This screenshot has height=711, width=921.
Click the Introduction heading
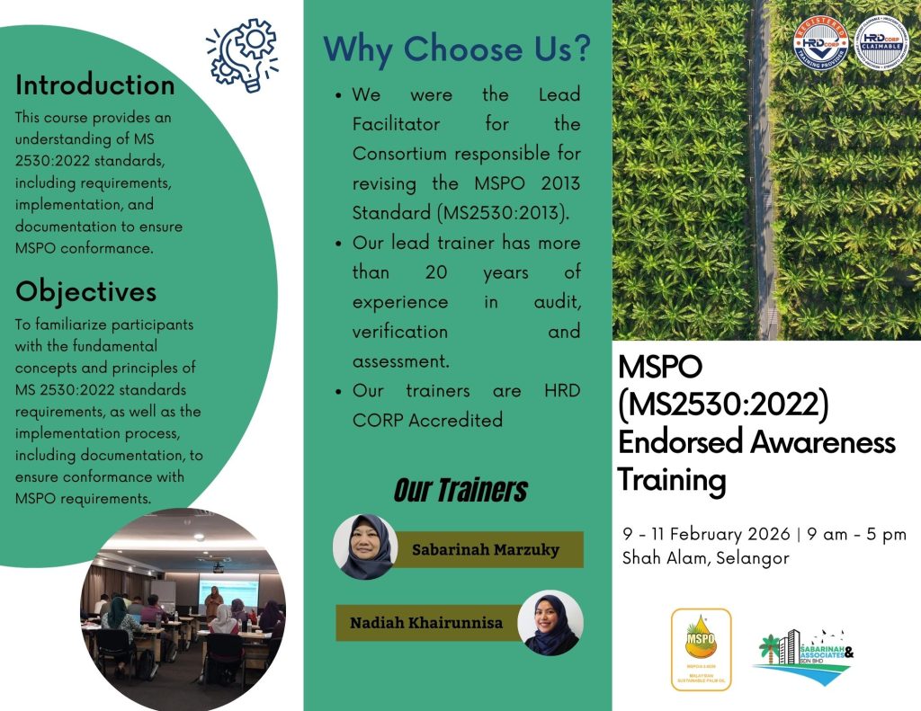click(95, 85)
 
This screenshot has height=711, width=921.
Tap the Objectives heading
click(86, 291)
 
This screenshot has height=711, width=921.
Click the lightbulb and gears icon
click(241, 53)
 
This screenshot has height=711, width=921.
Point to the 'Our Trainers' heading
click(460, 490)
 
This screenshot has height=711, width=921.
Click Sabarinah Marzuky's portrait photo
click(365, 547)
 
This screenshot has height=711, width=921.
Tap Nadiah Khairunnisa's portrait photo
click(551, 622)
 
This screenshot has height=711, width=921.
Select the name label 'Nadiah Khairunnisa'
click(426, 622)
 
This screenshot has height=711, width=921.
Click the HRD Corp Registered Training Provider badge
click(821, 42)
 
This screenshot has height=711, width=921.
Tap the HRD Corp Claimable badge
click(881, 42)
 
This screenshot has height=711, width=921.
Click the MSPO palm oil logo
click(701, 649)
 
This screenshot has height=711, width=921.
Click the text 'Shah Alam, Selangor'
click(706, 558)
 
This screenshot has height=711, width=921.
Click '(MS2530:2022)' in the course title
click(722, 406)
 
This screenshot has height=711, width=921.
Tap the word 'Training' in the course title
click(672, 480)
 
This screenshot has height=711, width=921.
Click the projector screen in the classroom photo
click(228, 590)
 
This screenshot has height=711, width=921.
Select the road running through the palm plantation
click(764, 171)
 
